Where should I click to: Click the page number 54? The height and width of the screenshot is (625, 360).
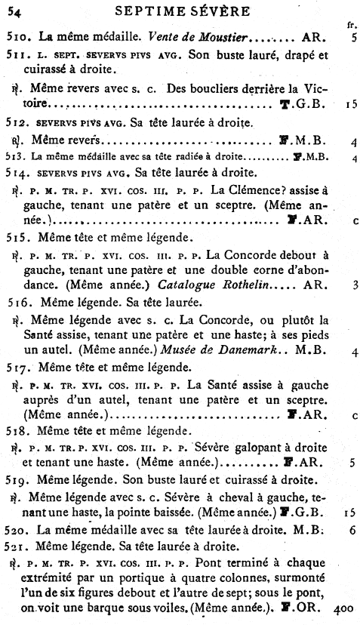(x=14, y=10)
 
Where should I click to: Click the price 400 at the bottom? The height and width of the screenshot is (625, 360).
(x=344, y=605)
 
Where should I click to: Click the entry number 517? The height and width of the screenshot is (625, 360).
(x=17, y=368)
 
